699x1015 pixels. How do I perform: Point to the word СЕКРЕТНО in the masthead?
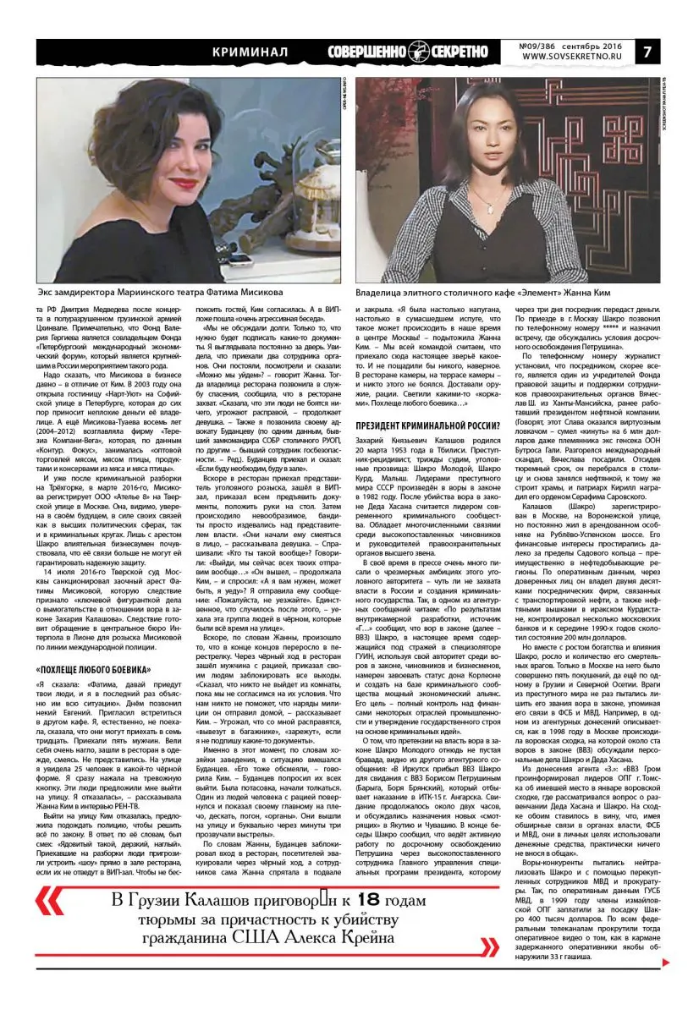(467, 51)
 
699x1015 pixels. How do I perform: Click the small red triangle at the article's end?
(667, 962)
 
